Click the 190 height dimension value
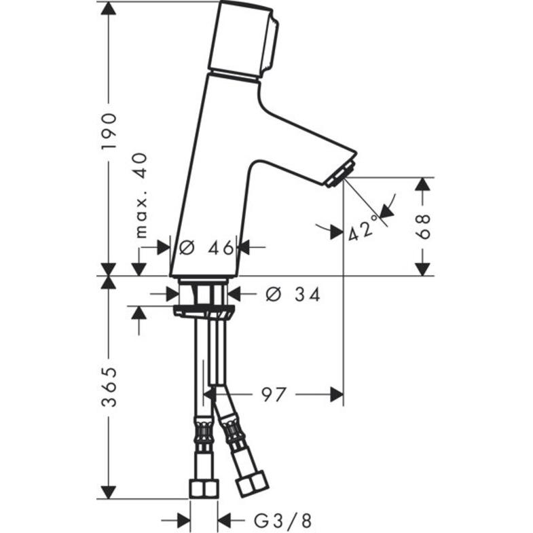(x=109, y=130)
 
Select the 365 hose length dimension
(x=109, y=387)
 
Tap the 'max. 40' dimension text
(x=141, y=196)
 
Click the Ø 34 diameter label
(x=293, y=294)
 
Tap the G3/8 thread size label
(x=283, y=521)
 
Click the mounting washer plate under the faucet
(x=203, y=311)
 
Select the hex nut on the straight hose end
(x=203, y=488)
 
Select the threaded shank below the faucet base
(x=203, y=293)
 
